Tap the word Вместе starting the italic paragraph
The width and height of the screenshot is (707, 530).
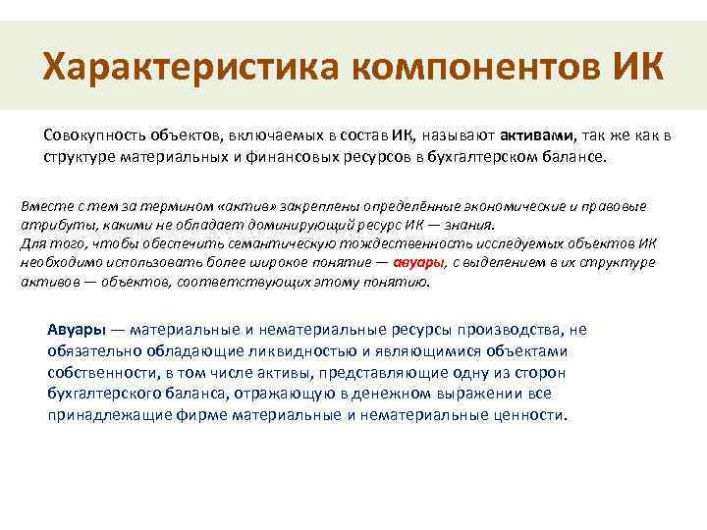point(44,207)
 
